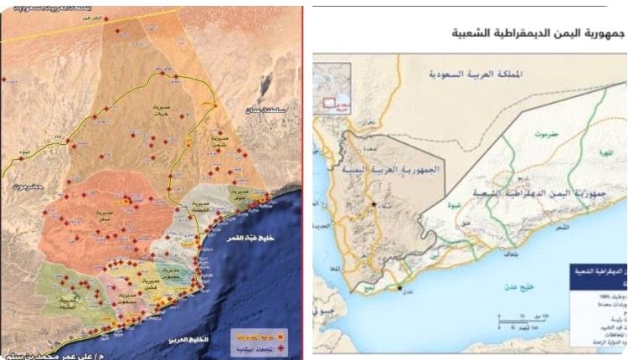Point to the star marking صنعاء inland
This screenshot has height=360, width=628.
click(373, 203)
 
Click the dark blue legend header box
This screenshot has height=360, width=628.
click(598, 276)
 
